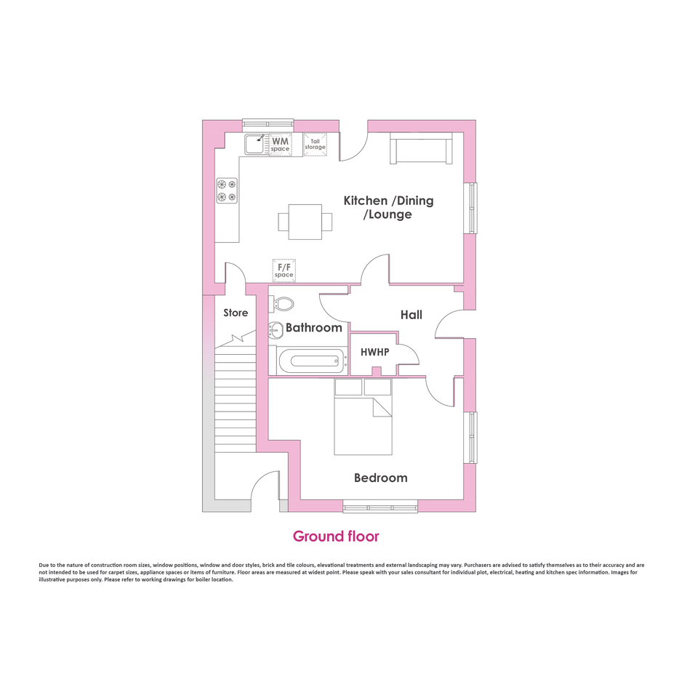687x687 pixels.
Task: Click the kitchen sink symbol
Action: [x=255, y=144]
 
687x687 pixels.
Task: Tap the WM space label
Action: [x=280, y=145]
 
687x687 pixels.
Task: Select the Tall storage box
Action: [x=315, y=144]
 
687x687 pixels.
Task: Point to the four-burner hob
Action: [x=227, y=190]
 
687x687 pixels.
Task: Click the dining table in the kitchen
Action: [x=305, y=222]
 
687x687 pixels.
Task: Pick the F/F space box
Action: [x=284, y=270]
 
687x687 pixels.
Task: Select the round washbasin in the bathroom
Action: [x=276, y=330]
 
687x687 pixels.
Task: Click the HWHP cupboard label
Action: [x=375, y=352]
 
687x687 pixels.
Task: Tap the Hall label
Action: [x=411, y=315]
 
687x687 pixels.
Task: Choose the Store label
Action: [x=236, y=313]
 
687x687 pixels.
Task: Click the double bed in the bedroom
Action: [x=363, y=417]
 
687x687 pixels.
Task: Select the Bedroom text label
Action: [x=381, y=478]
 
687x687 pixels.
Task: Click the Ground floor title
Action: [x=336, y=537]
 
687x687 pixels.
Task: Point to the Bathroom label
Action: [x=314, y=328]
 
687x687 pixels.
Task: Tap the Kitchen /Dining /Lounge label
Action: [x=389, y=207]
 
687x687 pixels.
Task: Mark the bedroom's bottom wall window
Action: [x=380, y=507]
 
